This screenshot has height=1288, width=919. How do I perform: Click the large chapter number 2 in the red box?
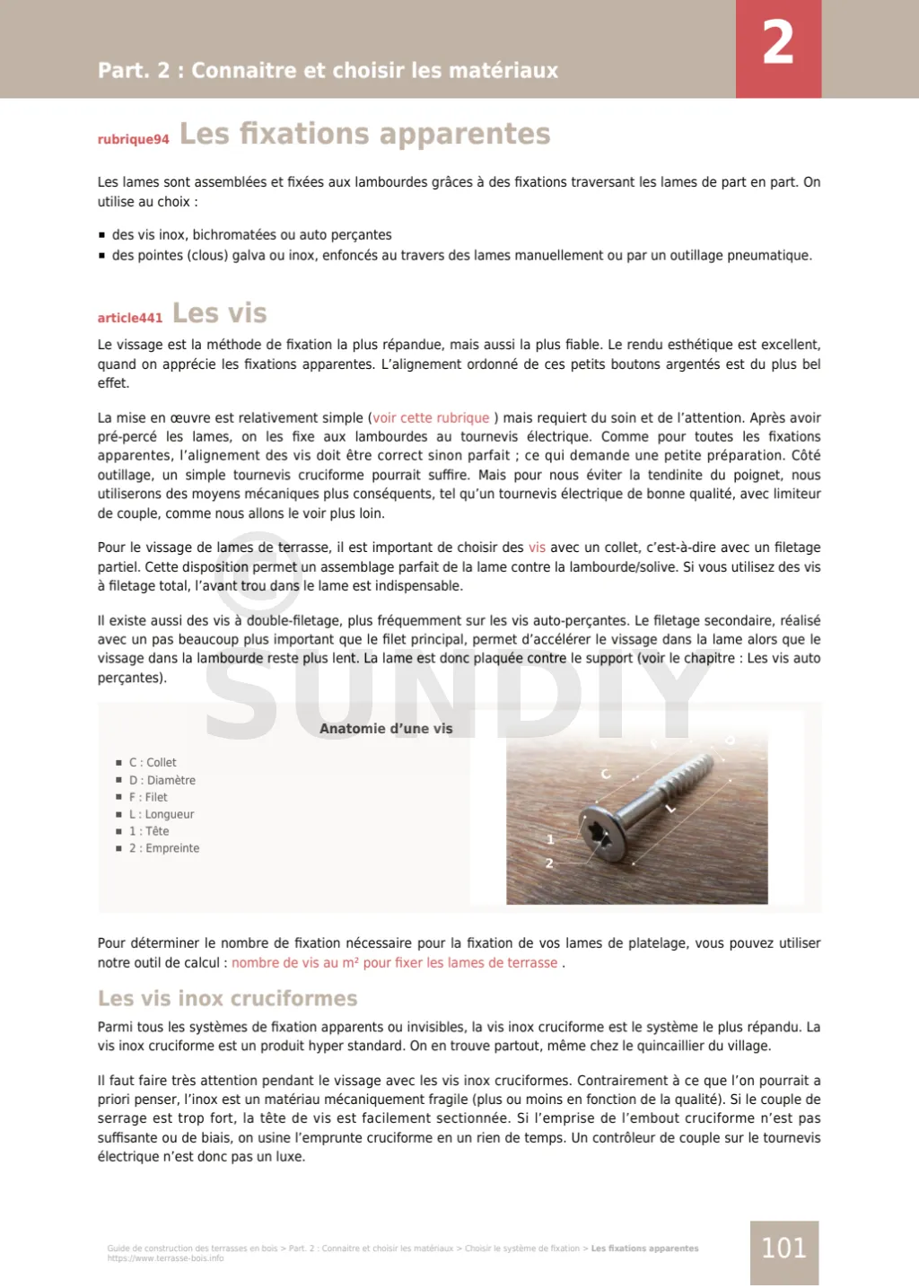778,43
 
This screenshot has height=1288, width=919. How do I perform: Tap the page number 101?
783,1248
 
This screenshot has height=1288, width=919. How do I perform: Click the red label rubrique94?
133,139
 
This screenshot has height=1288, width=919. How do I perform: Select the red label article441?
130,318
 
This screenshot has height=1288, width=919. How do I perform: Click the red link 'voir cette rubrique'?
431,417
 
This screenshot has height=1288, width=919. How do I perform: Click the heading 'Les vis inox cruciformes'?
227,998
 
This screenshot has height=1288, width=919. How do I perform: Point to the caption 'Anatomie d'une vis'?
386,729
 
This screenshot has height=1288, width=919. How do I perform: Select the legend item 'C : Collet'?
153,762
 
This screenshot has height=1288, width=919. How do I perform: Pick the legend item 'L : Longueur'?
162,814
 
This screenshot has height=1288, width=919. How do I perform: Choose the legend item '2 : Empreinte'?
164,848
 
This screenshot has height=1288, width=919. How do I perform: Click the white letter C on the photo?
606,774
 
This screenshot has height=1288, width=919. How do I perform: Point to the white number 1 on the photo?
550,839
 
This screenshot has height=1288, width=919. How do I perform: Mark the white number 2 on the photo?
549,863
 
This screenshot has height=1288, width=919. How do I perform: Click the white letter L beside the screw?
670,808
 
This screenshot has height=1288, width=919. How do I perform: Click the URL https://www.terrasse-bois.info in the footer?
165,1258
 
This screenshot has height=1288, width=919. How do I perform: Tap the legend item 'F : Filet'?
148,797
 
